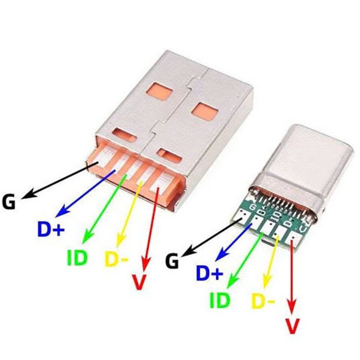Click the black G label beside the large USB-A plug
(9, 202)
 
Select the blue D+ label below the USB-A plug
(51, 229)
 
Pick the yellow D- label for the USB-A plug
(117, 259)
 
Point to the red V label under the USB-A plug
(139, 282)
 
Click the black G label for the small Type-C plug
(172, 261)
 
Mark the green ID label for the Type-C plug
(220, 300)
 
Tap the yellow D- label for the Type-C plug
(263, 301)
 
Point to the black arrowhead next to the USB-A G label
(27, 195)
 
